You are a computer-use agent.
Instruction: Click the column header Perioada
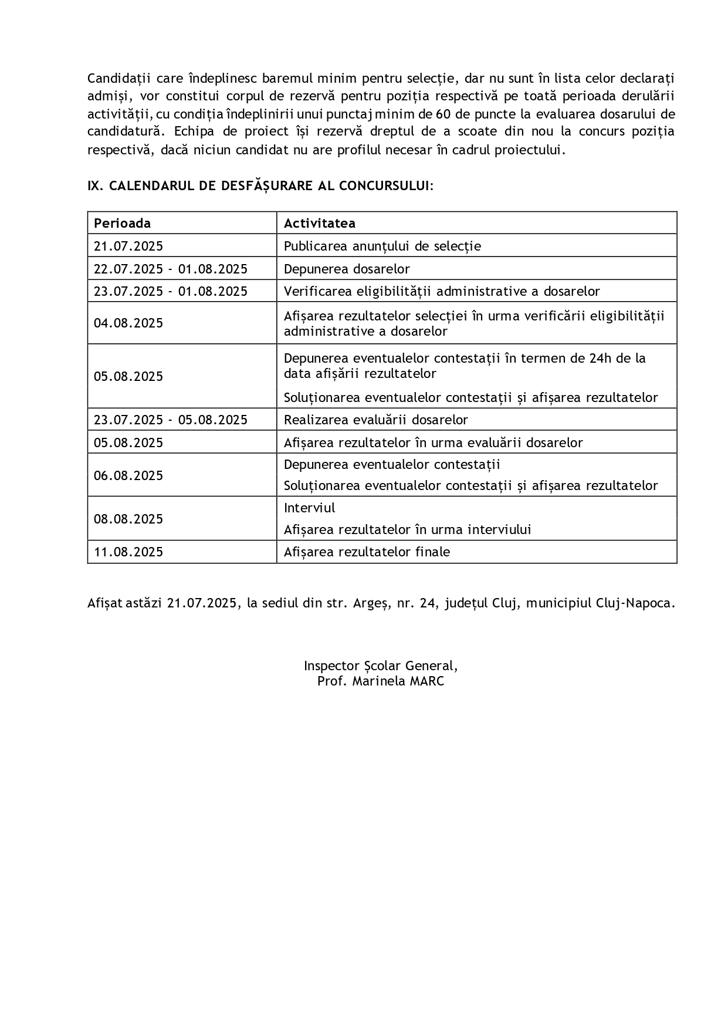pyautogui.click(x=122, y=224)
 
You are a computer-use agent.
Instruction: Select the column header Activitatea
pyautogui.click(x=319, y=224)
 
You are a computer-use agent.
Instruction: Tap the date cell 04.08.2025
pyautogui.click(x=128, y=323)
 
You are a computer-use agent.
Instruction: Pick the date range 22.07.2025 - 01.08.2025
pyautogui.click(x=171, y=269)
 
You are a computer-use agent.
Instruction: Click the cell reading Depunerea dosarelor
pyautogui.click(x=347, y=269)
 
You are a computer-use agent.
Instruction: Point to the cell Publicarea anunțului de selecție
pyautogui.click(x=382, y=246)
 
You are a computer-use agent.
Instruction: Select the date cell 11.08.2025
pyautogui.click(x=128, y=552)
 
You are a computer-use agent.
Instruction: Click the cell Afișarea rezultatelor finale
pyautogui.click(x=367, y=552)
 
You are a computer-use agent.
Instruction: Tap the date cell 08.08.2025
pyautogui.click(x=128, y=519)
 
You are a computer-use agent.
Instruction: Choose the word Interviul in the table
pyautogui.click(x=309, y=508)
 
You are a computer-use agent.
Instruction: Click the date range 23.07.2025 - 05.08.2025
pyautogui.click(x=171, y=420)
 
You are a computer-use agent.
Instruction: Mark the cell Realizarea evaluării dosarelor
pyautogui.click(x=375, y=420)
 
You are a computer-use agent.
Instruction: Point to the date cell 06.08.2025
pyautogui.click(x=128, y=475)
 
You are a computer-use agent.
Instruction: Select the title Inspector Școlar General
pyautogui.click(x=380, y=666)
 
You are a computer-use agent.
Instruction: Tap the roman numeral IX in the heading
pyautogui.click(x=94, y=186)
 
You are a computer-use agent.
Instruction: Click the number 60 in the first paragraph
pyautogui.click(x=443, y=114)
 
